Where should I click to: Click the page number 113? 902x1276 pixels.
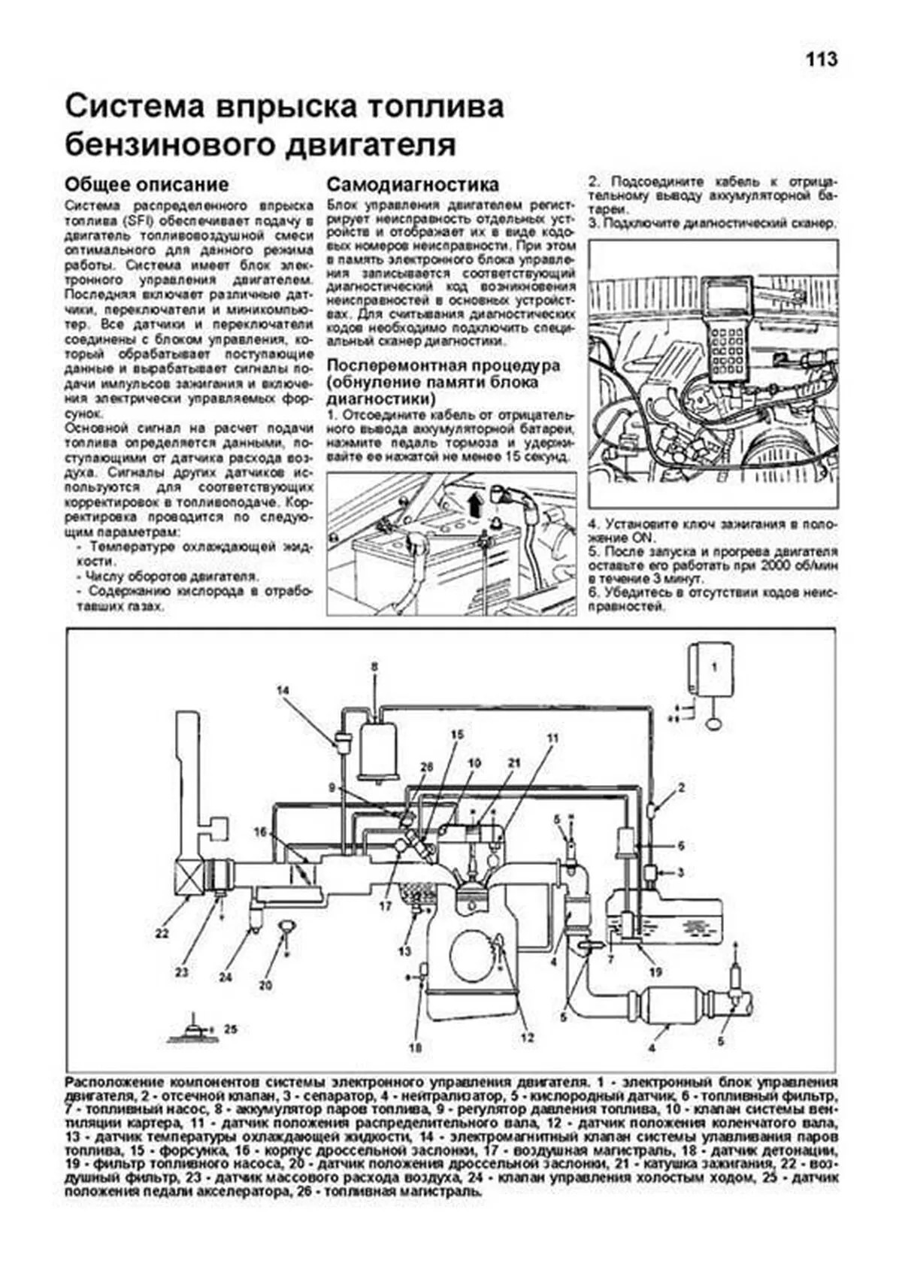click(x=822, y=60)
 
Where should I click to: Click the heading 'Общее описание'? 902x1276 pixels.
click(x=147, y=184)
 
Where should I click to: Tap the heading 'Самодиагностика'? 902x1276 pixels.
click(x=413, y=184)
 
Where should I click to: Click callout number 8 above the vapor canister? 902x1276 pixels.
click(x=374, y=666)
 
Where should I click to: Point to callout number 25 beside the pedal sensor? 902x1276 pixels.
click(x=231, y=1029)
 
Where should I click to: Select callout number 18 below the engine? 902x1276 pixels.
click(x=416, y=1047)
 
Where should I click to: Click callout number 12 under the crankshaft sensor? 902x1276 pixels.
click(x=527, y=1038)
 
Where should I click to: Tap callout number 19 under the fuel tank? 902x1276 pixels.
click(x=655, y=971)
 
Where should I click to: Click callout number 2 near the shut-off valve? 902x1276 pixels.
click(x=681, y=788)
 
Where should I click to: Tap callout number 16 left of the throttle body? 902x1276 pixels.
click(x=260, y=832)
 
